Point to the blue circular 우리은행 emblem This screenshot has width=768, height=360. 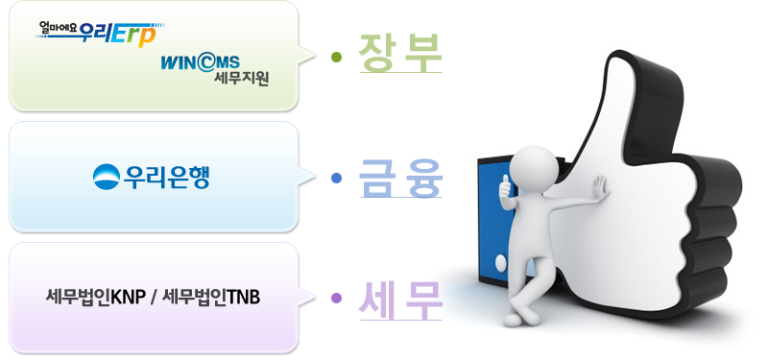[x=106, y=177]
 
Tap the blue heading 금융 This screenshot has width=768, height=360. [x=399, y=179]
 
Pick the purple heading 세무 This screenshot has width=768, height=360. [x=399, y=300]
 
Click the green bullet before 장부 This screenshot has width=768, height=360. [x=336, y=56]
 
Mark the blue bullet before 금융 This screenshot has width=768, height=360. [x=336, y=179]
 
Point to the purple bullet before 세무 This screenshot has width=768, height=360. [x=336, y=299]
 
